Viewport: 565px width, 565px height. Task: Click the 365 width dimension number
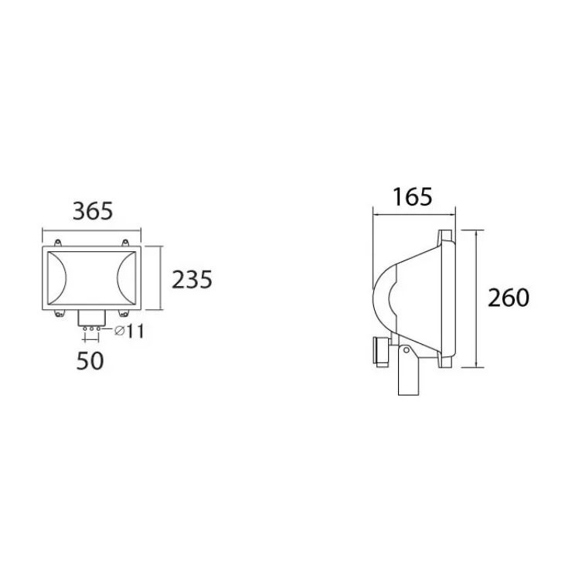click(93, 211)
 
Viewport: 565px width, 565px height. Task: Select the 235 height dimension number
click(192, 280)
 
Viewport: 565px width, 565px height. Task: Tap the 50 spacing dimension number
click(90, 361)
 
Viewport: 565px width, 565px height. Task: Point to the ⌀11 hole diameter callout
click(129, 331)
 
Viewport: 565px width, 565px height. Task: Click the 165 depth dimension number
click(412, 197)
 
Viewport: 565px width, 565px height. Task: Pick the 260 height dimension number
click(509, 298)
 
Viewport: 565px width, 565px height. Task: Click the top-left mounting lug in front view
click(57, 243)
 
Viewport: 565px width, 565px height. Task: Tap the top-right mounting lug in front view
click(125, 243)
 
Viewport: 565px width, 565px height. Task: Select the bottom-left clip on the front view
click(59, 314)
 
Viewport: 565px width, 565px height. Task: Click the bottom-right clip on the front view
click(124, 314)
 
